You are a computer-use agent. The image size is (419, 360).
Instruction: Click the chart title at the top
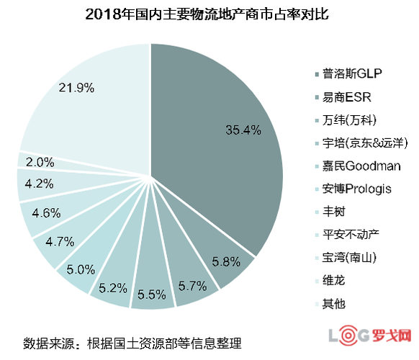tap(209, 14)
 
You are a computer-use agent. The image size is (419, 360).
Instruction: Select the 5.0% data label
tap(81, 269)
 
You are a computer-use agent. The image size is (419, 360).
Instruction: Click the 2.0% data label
tap(40, 161)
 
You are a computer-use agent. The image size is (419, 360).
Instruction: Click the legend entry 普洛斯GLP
tap(352, 74)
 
